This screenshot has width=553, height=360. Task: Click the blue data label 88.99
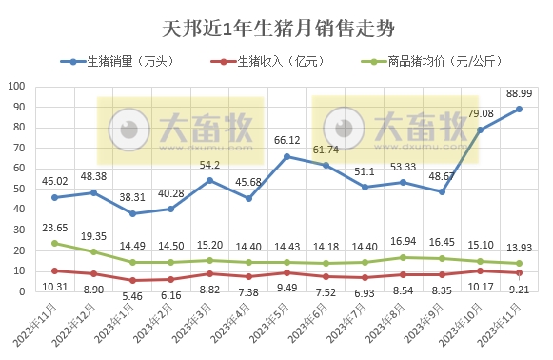point(520,93)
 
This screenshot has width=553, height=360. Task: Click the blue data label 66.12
point(286,140)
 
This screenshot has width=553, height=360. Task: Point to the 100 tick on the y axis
point(17,86)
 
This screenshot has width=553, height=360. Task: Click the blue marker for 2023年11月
point(520,109)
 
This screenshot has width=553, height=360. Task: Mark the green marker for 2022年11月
point(54,243)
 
